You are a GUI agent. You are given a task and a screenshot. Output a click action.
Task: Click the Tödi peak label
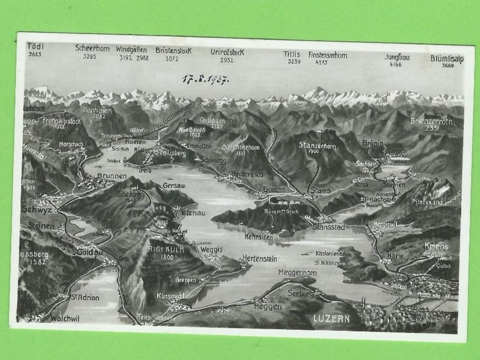35,46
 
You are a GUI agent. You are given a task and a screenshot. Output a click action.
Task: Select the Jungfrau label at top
397,57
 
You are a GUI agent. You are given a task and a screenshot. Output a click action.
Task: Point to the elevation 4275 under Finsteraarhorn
321,62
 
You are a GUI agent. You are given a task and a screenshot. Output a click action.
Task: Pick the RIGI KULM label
165,249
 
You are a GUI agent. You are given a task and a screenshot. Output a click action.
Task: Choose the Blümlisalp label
446,59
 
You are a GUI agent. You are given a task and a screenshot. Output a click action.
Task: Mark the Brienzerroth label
432,121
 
